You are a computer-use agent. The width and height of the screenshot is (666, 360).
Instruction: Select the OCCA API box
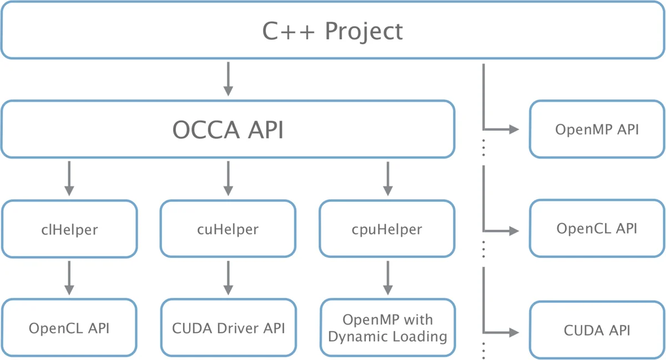(228, 129)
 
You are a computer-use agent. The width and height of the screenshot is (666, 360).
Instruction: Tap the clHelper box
(69, 229)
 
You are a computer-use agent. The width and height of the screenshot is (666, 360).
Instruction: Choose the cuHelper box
(228, 229)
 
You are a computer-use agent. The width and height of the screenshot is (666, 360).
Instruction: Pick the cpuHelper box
(387, 229)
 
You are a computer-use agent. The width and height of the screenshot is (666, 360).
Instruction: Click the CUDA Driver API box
(228, 328)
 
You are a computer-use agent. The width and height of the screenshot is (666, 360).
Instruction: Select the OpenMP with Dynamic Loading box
(387, 328)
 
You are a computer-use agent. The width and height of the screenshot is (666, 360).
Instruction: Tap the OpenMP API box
(597, 129)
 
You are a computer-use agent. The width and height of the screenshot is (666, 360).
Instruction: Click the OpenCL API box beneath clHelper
(69, 328)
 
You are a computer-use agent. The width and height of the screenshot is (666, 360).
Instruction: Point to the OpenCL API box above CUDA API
(597, 229)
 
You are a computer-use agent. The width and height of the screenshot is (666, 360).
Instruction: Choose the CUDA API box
(597, 331)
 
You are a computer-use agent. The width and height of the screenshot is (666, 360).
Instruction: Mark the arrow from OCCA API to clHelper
(69, 178)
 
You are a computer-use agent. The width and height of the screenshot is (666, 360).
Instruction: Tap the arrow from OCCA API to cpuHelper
(387, 178)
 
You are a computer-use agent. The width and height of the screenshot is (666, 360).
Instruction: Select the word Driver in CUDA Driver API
(237, 328)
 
